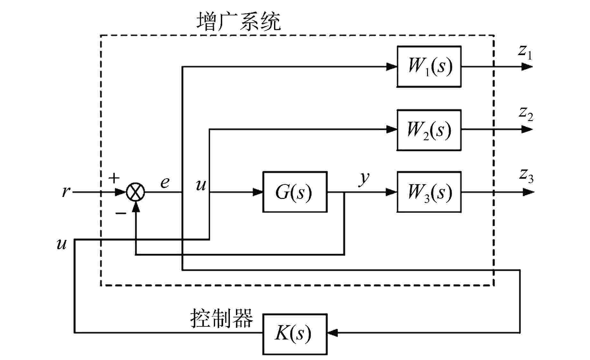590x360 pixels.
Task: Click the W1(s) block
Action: click(x=429, y=66)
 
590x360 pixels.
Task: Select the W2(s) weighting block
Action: click(x=429, y=130)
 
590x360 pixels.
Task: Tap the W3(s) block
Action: click(x=429, y=192)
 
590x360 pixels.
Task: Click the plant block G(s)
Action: click(x=295, y=192)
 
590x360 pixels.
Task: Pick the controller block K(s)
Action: click(x=295, y=334)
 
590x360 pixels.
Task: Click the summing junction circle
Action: click(x=136, y=192)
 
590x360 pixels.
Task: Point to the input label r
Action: click(x=66, y=192)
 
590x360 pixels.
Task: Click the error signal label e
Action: click(x=165, y=183)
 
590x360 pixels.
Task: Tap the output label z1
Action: click(x=525, y=52)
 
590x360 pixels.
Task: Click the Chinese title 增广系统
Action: click(x=238, y=22)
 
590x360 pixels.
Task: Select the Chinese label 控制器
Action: click(x=222, y=318)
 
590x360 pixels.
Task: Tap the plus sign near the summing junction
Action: click(x=114, y=178)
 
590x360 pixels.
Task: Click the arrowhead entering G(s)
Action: click(x=257, y=192)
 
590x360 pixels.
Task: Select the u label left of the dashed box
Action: click(x=61, y=244)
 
